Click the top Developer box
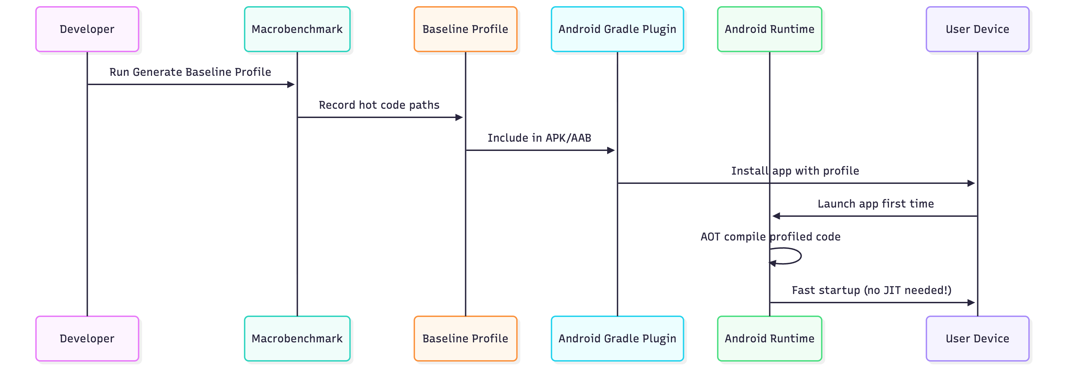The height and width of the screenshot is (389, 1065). coord(87,30)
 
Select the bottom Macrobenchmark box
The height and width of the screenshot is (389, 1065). coord(297,339)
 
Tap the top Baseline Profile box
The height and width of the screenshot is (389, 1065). coord(465,30)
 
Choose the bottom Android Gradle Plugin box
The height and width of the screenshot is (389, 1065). coord(617,339)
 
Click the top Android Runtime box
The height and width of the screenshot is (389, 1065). coord(769,30)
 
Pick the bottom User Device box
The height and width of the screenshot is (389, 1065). coord(977,339)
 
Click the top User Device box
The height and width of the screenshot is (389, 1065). coord(977,30)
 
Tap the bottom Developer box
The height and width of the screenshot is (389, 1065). coord(87,339)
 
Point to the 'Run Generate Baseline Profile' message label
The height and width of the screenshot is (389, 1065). coord(190,72)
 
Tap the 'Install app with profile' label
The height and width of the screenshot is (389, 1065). coord(795,171)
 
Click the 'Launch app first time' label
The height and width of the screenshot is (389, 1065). coord(875,204)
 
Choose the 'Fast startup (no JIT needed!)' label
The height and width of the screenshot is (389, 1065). coord(871,290)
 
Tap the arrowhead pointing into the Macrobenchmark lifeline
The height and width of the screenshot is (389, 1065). coord(291,84)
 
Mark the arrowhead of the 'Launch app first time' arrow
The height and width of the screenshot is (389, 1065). coord(776,216)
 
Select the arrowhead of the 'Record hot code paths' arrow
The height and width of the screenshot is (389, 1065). coord(459,117)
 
